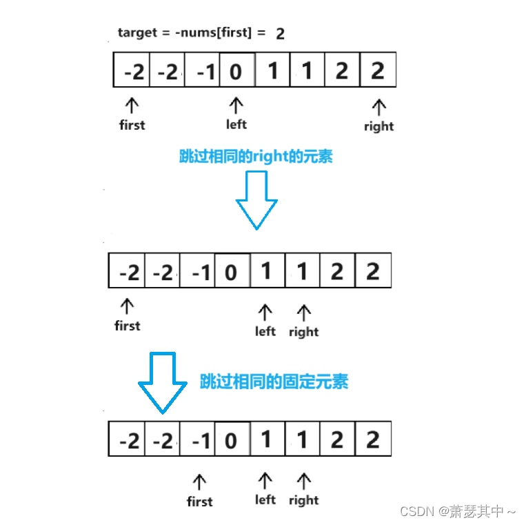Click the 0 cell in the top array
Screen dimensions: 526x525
coord(236,71)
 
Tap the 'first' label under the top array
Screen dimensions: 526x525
coord(132,125)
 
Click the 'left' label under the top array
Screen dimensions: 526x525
coord(236,124)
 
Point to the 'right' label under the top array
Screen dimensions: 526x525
coord(378,126)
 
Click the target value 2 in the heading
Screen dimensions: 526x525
coord(280,33)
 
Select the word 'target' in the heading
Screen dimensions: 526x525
coord(136,32)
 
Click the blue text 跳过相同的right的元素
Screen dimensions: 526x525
coord(256,156)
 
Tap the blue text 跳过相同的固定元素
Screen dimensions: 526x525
coord(274,381)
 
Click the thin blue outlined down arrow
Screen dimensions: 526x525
coord(256,200)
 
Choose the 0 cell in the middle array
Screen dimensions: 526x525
coord(232,272)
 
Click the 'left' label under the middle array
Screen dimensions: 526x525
coord(265,331)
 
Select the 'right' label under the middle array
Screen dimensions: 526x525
coord(303,332)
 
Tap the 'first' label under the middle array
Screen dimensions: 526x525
coord(127,325)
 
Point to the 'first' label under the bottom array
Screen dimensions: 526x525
coord(200,502)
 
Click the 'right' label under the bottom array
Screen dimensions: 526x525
coord(303,500)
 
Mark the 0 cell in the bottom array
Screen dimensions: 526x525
coord(232,439)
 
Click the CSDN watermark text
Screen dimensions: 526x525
coord(458,511)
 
